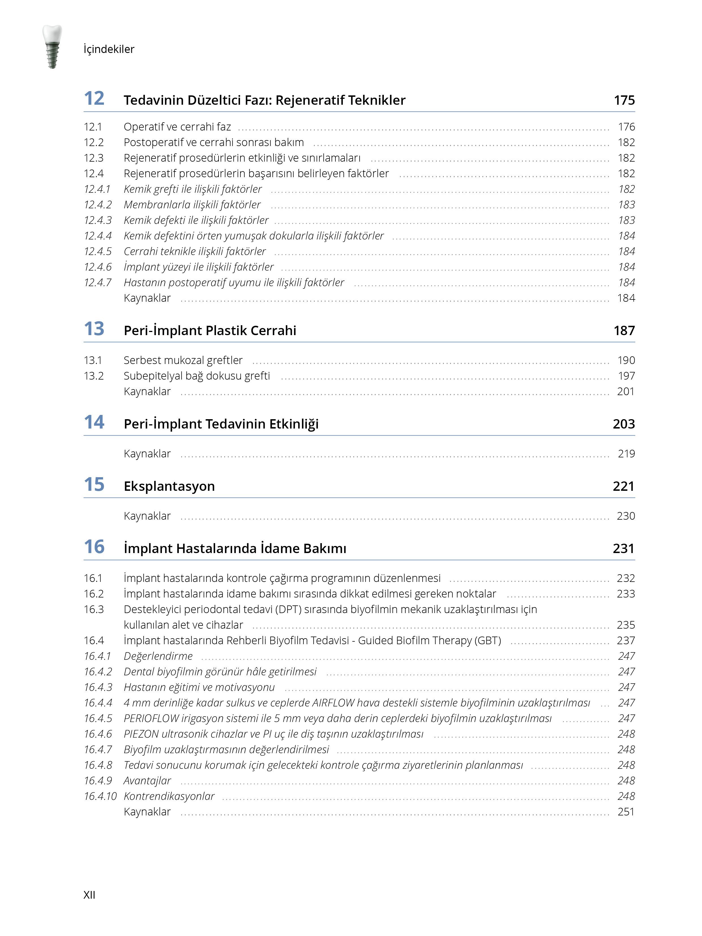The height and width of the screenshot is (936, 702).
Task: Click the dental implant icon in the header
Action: click(52, 46)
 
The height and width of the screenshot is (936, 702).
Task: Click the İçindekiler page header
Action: click(109, 49)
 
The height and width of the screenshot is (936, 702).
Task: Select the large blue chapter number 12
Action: click(94, 98)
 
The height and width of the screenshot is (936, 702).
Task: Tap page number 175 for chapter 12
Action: click(624, 100)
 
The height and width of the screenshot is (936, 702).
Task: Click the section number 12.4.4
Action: click(98, 236)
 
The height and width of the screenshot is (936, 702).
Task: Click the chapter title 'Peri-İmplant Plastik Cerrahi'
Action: click(210, 331)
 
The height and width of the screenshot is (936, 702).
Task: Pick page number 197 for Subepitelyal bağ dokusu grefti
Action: click(626, 376)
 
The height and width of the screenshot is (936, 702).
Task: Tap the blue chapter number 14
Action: click(94, 422)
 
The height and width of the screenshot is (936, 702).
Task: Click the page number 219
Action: click(626, 454)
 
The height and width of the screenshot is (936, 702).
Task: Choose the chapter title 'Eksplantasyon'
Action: click(169, 486)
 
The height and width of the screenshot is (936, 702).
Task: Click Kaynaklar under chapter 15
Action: click(147, 516)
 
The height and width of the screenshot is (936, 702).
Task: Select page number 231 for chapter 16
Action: click(623, 549)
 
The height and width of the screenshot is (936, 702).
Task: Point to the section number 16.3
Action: click(93, 609)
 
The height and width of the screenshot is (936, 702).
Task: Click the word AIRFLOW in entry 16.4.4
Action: click(333, 703)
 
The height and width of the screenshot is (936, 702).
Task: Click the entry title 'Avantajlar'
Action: click(147, 781)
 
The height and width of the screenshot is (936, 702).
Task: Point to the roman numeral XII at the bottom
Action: click(89, 895)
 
